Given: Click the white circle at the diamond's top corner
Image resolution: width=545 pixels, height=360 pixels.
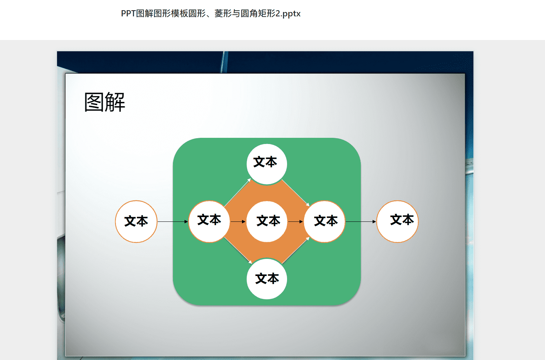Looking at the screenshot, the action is pyautogui.click(x=267, y=164).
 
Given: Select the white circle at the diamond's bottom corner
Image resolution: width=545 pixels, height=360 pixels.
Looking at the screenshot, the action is pyautogui.click(x=267, y=279).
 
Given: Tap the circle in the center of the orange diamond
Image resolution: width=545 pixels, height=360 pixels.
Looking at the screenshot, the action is pyautogui.click(x=267, y=221).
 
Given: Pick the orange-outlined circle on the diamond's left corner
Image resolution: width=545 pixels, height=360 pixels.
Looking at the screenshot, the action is pyautogui.click(x=209, y=221).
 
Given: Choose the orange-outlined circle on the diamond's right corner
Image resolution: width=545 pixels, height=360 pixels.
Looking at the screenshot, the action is pyautogui.click(x=324, y=221).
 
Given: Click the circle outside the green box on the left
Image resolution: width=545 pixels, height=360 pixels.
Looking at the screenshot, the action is pyautogui.click(x=136, y=221).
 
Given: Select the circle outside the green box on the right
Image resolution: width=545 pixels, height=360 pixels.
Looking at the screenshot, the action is pyautogui.click(x=397, y=221).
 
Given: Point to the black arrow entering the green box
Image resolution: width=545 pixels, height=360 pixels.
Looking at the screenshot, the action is pyautogui.click(x=173, y=222).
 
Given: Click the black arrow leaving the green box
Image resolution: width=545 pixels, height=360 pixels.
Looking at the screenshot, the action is pyautogui.click(x=361, y=222).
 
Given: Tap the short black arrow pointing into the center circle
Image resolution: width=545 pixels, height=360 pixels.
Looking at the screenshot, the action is pyautogui.click(x=238, y=222).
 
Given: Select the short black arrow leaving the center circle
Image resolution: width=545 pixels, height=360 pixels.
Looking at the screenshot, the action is pyautogui.click(x=295, y=222).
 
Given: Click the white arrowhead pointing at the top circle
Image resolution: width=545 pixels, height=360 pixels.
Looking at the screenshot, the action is pyautogui.click(x=249, y=180).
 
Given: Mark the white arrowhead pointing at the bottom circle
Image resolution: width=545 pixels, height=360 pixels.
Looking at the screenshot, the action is pyautogui.click(x=250, y=262).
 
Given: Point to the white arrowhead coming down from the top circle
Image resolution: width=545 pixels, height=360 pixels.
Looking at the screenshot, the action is pyautogui.click(x=307, y=204).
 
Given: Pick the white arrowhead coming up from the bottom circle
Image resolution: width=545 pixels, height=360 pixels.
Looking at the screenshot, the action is pyautogui.click(x=307, y=239).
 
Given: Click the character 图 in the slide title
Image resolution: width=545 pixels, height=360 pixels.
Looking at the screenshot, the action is pyautogui.click(x=94, y=102).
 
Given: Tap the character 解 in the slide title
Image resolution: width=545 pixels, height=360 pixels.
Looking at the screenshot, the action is pyautogui.click(x=115, y=102).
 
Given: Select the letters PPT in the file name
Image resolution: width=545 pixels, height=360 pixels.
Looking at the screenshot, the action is pyautogui.click(x=128, y=14).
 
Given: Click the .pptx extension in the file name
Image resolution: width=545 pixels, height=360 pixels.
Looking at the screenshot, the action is pyautogui.click(x=290, y=14).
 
